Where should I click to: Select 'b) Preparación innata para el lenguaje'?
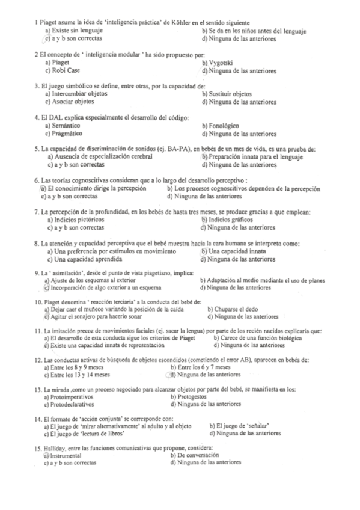(252, 157)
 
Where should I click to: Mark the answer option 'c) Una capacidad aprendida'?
(84, 259)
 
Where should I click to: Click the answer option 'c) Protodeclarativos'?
(73, 404)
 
